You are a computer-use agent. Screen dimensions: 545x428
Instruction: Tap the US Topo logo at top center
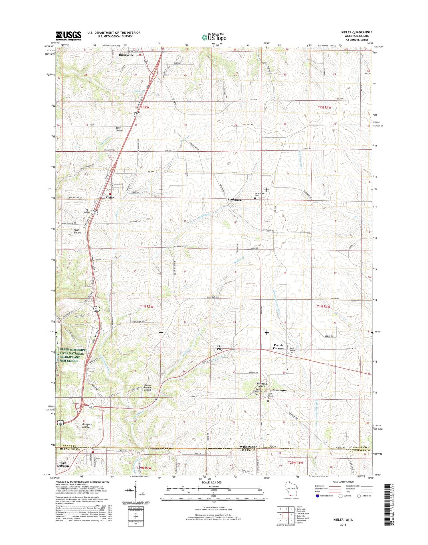(214, 37)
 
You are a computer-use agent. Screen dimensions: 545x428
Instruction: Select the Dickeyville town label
(126, 55)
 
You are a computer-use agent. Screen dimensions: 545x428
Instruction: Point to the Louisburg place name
(235, 200)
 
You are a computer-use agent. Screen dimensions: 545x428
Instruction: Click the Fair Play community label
(220, 347)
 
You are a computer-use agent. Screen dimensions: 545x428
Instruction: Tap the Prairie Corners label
(278, 347)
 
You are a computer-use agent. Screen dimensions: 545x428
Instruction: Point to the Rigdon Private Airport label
(151, 387)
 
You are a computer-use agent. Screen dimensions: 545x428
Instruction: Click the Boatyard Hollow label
(86, 425)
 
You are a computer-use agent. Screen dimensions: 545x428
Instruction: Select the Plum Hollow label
(77, 231)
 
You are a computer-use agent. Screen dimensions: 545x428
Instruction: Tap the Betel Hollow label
(119, 129)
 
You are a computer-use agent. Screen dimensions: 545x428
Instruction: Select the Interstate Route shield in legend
(318, 496)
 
